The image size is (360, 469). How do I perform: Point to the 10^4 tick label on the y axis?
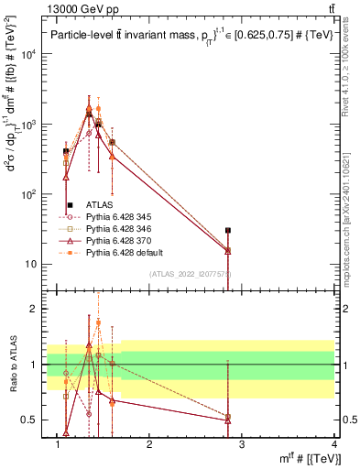pos(28,54)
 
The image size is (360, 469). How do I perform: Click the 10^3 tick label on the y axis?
pos(28,124)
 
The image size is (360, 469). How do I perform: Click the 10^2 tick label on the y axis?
pos(28,194)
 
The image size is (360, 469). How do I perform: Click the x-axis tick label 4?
pos(334,446)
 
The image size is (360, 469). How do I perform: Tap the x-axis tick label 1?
pos(58,446)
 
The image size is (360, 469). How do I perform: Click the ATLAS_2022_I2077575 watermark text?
pos(191,273)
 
